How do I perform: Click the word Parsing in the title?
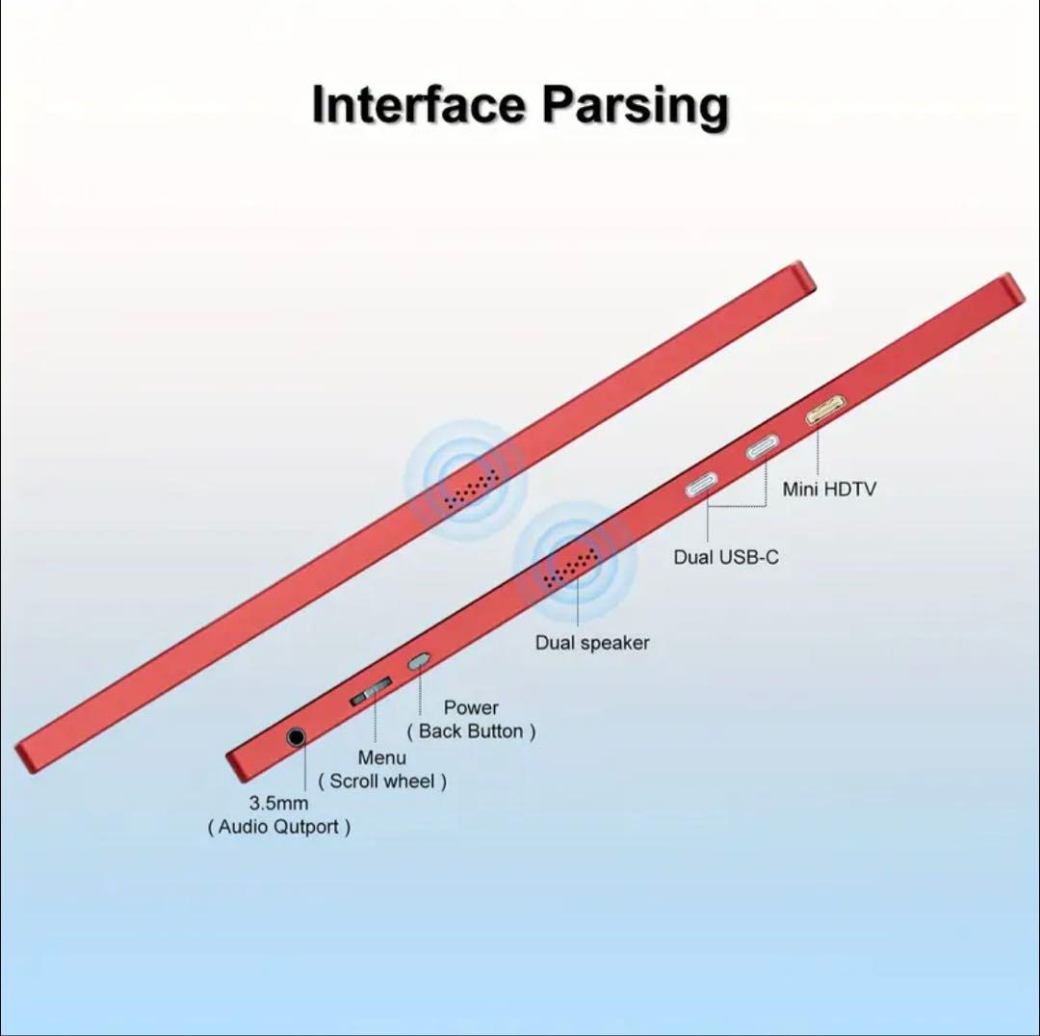(634, 106)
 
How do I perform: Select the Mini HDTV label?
(829, 489)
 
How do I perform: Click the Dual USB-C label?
(725, 557)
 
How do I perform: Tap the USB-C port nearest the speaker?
(704, 484)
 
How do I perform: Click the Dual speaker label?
(592, 643)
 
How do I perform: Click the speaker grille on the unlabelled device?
(472, 487)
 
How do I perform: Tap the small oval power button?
(418, 661)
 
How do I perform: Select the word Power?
(471, 707)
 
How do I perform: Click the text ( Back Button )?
(471, 731)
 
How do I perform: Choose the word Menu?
(381, 757)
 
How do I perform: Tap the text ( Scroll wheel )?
(382, 782)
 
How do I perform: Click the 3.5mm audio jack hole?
(297, 738)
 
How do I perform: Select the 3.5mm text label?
(278, 803)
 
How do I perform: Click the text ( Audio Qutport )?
(279, 827)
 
